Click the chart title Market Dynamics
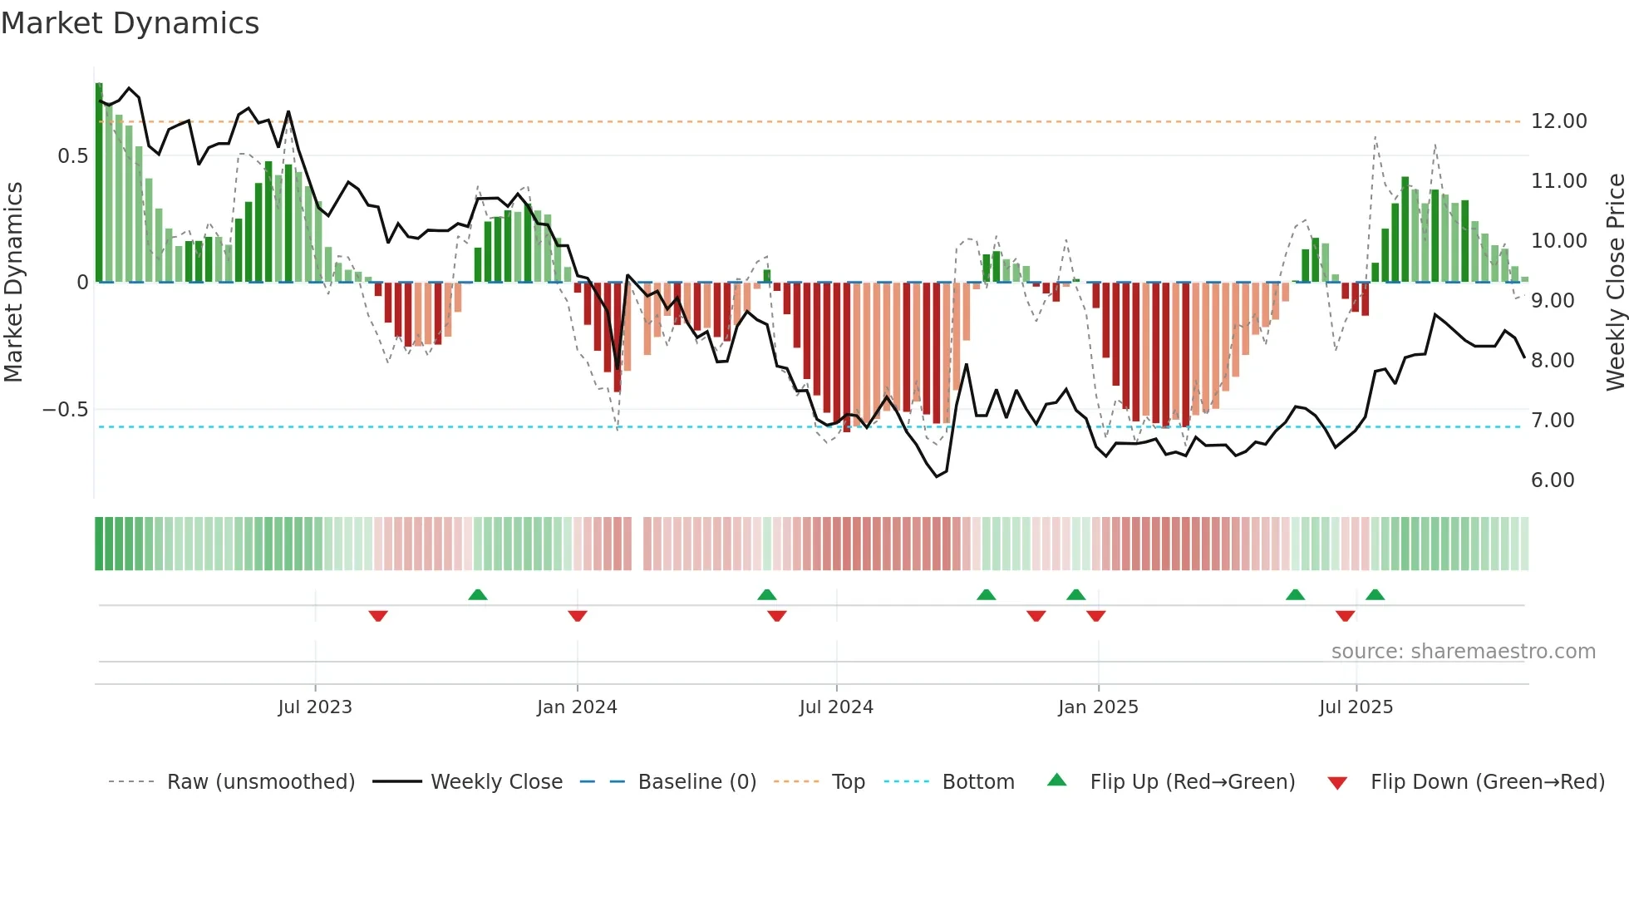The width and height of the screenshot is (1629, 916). [130, 23]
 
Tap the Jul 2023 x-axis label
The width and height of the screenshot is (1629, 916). [315, 707]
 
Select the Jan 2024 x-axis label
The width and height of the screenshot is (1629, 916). [577, 707]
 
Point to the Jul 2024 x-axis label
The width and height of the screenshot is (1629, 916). [836, 707]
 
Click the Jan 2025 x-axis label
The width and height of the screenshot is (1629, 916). [1098, 707]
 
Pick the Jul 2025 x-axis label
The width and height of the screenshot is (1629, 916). [1356, 707]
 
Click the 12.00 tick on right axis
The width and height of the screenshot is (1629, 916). [1558, 121]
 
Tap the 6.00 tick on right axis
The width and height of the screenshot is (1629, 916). [1553, 480]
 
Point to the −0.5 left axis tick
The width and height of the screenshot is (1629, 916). [65, 410]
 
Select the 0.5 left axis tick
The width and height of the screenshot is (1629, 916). [72, 156]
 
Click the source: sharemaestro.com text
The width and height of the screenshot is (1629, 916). [1463, 652]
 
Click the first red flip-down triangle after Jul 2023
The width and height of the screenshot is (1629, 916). [378, 616]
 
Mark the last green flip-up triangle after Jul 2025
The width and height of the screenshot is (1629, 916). [1375, 594]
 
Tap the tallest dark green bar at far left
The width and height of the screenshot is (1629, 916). [99, 183]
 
